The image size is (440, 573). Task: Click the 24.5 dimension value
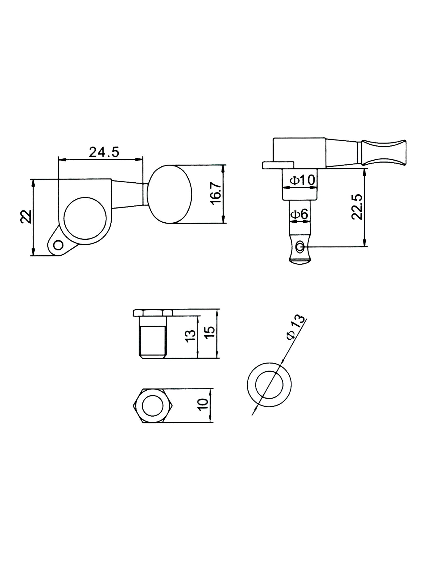pos(104,152)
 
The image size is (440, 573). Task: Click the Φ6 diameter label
pos(299,214)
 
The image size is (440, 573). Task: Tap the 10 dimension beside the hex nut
pos(204,404)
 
